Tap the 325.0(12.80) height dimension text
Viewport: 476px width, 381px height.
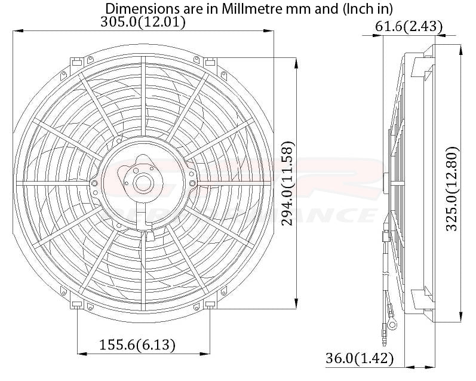click(452, 188)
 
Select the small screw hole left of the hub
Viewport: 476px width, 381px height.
click(95, 183)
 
